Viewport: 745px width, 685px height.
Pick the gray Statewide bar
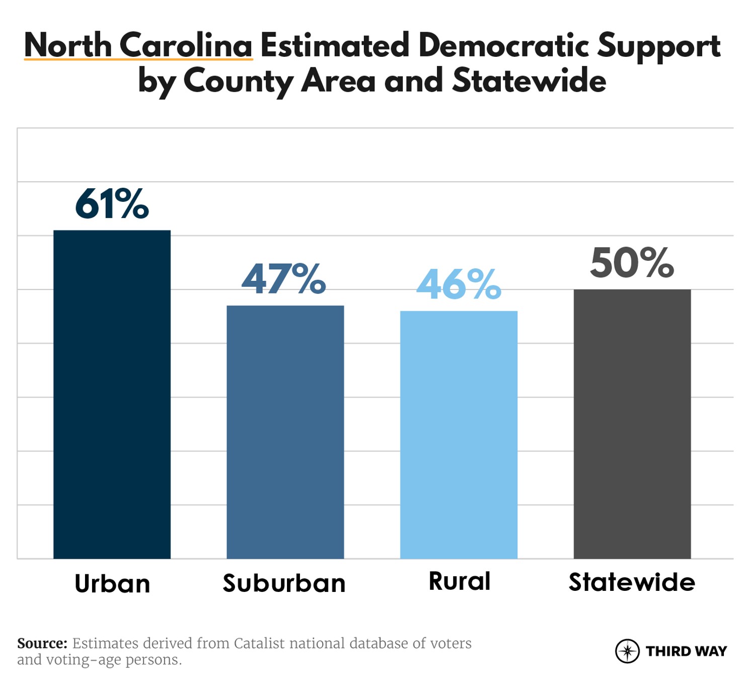click(x=632, y=424)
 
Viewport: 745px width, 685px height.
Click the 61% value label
click(x=112, y=204)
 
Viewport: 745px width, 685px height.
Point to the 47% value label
click(x=284, y=279)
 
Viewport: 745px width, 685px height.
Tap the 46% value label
click(x=459, y=284)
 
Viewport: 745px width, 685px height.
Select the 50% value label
click(x=632, y=263)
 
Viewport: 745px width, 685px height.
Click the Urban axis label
click(x=112, y=584)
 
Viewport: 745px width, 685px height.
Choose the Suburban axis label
click(x=284, y=583)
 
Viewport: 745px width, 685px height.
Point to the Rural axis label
click(x=459, y=581)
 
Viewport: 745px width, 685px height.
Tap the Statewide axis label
click(x=632, y=582)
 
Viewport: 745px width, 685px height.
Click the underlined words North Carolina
click(x=138, y=45)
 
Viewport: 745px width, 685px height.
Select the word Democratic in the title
click(x=503, y=45)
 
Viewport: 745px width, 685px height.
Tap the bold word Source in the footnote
click(x=42, y=643)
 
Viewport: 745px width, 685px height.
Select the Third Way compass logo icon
click(x=627, y=651)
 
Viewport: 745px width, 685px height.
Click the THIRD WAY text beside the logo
click(x=686, y=651)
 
